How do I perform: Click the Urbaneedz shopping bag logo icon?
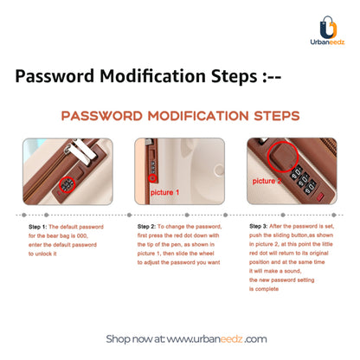pos(328,27)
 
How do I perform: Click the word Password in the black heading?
pos(55,76)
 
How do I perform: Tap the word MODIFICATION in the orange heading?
pos(198,116)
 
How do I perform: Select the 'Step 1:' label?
pos(37,227)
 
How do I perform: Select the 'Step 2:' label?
pos(146,227)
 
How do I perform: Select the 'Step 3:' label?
pos(258,226)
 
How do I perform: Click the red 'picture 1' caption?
pos(164,192)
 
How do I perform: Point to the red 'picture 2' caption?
pos(267,181)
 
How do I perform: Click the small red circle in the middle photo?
pos(153,178)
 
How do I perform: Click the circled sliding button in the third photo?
pos(282,156)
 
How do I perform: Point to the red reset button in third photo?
pos(320,197)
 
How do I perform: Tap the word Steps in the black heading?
pos(234,76)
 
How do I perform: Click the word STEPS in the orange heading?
pos(277,116)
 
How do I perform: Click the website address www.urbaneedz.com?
pos(216,339)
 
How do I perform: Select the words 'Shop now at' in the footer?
pos(135,339)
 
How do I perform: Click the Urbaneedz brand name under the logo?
pos(327,42)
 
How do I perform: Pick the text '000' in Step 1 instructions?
pos(82,236)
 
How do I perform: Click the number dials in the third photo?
pos(303,180)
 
